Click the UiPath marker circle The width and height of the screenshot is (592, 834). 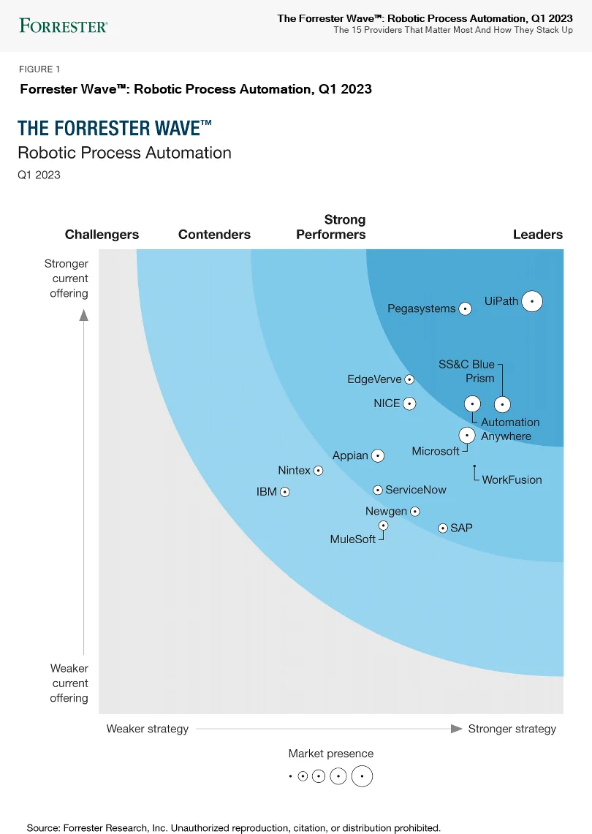(532, 300)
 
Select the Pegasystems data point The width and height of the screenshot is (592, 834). (464, 309)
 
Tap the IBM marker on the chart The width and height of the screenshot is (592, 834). (285, 492)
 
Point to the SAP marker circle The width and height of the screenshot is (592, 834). (442, 528)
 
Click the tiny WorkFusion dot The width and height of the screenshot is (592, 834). (474, 466)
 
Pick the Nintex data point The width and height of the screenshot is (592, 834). (318, 471)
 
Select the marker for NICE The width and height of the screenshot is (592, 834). (409, 403)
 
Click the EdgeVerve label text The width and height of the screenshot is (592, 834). (374, 379)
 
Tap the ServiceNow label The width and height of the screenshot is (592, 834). (415, 490)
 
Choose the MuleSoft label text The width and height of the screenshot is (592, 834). (352, 539)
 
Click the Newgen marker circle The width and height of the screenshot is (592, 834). (414, 512)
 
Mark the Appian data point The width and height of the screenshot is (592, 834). (377, 455)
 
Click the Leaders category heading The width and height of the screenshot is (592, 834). (537, 235)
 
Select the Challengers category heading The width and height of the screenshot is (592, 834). (102, 235)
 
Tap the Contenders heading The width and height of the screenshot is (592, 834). (214, 235)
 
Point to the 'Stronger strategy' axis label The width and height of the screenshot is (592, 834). (512, 729)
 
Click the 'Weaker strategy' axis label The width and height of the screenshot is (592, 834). (148, 729)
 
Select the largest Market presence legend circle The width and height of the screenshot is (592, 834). (362, 776)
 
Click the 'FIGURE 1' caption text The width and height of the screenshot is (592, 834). (39, 69)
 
